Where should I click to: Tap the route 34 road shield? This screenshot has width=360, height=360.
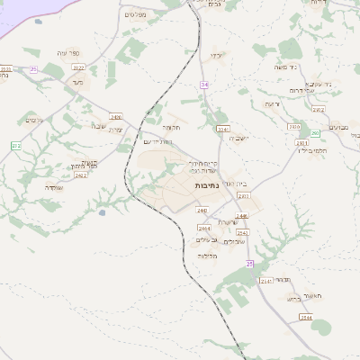[x=204, y=85]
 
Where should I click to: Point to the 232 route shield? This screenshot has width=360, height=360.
[x=15, y=145]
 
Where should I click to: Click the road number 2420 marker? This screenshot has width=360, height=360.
[x=116, y=117]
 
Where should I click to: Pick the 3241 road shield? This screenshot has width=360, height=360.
[x=222, y=130]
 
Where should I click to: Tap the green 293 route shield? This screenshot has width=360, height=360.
[x=316, y=109]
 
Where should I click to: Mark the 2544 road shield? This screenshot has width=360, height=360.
[x=306, y=318]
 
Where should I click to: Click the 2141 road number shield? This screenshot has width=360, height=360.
[x=265, y=281]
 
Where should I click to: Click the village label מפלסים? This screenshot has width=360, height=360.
[x=135, y=14]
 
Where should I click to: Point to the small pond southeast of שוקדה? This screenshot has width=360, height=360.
[x=102, y=212]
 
